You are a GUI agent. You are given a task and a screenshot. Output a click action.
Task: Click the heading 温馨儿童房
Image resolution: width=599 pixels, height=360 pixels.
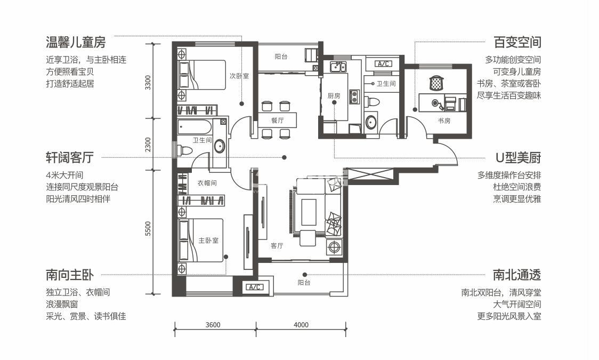click(76, 42)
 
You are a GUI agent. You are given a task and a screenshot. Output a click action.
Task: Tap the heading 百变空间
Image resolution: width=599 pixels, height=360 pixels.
click(517, 42)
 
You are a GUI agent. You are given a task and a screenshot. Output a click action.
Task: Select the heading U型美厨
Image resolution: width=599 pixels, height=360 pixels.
click(518, 157)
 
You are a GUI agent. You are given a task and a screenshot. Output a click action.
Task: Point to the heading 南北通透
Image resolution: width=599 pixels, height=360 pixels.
click(517, 275)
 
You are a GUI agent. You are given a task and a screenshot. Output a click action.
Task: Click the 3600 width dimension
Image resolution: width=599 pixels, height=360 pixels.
click(213, 325)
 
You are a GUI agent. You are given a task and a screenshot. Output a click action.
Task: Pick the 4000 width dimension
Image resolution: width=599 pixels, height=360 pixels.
click(301, 325)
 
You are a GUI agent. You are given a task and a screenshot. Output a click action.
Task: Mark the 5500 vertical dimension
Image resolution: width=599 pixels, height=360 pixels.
click(148, 229)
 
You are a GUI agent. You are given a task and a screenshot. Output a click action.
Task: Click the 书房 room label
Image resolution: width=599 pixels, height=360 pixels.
click(444, 121)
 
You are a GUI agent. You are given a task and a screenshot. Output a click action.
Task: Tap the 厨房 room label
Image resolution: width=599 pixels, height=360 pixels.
click(334, 96)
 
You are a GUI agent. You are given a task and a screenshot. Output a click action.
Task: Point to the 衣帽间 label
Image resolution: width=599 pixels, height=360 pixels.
click(207, 183)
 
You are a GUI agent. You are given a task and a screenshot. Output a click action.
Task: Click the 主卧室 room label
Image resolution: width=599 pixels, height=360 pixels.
click(208, 241)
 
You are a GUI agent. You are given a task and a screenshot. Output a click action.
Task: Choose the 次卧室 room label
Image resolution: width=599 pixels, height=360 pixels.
click(239, 76)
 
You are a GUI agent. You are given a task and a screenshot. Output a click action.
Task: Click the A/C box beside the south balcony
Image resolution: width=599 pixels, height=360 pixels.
click(254, 287)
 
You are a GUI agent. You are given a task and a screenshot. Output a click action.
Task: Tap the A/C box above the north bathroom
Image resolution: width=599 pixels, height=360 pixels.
click(383, 64)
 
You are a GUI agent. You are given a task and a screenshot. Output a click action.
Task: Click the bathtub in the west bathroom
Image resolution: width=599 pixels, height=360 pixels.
click(195, 127)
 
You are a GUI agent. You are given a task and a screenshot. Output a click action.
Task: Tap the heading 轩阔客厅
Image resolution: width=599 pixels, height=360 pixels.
click(69, 157)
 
